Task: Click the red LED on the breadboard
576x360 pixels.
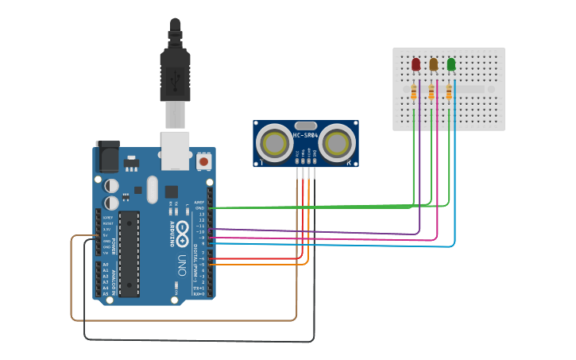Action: pos(416,64)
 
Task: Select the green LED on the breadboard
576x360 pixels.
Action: pos(451,64)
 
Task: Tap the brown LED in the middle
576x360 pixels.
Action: pos(433,64)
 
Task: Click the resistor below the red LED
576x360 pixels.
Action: pos(414,93)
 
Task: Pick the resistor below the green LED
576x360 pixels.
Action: pos(449,93)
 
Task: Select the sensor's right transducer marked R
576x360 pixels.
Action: pos(337,143)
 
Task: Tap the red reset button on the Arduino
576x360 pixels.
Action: pos(204,161)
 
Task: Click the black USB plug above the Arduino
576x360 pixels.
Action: pos(175,72)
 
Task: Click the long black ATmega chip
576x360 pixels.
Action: pos(129,254)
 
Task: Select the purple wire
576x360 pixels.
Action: pos(318,231)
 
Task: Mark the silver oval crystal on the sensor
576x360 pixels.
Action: pos(305,125)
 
